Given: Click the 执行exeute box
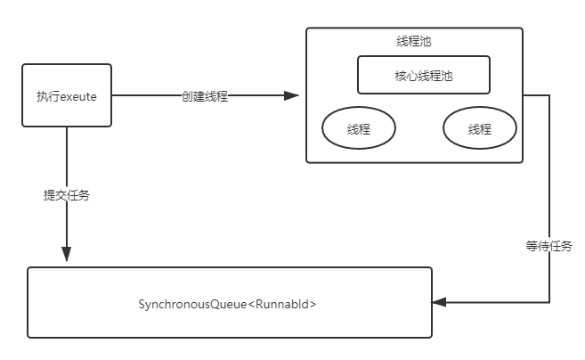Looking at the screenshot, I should (x=67, y=95).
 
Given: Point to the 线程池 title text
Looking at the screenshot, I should (x=414, y=42).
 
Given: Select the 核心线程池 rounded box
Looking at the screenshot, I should (x=424, y=76).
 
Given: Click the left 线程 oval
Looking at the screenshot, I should (x=359, y=129).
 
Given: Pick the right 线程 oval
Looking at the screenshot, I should (x=479, y=129).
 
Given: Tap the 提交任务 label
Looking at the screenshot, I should (x=67, y=195).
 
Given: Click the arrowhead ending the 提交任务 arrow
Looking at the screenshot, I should (x=67, y=257).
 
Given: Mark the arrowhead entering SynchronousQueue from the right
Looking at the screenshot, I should (x=439, y=303).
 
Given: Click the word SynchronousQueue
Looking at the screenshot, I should (x=191, y=305).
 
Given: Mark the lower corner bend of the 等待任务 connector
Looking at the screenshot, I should (x=549, y=303).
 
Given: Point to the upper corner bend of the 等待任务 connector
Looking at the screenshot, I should (x=549, y=94).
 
